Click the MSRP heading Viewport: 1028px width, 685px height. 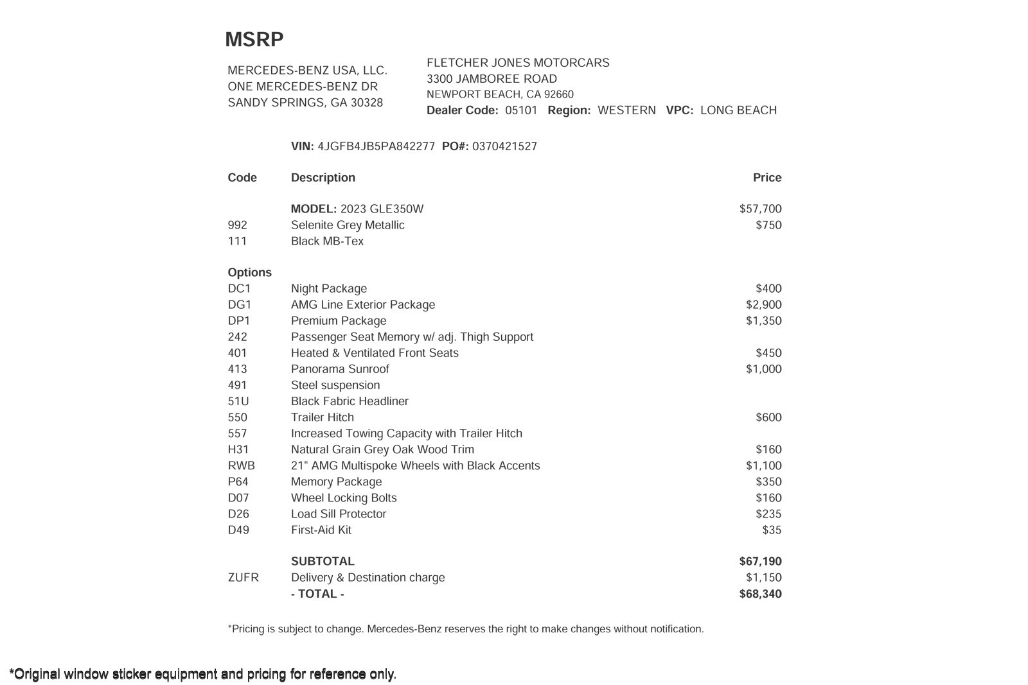click(x=254, y=40)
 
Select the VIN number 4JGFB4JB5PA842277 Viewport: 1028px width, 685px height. click(x=376, y=146)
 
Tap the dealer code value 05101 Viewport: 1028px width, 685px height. click(x=521, y=110)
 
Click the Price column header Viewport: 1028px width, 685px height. click(x=767, y=178)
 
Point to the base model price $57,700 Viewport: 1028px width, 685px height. click(x=760, y=209)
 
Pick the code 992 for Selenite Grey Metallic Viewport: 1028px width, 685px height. click(x=237, y=225)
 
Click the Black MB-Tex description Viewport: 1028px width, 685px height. click(x=327, y=241)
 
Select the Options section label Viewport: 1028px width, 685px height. click(x=249, y=273)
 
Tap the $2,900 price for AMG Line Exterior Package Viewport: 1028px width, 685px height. click(x=763, y=305)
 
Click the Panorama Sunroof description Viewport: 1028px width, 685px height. click(x=340, y=369)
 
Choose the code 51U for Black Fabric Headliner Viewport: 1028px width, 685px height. click(x=238, y=401)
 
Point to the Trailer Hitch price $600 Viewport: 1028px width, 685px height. click(x=768, y=417)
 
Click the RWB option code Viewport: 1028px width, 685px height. click(x=241, y=466)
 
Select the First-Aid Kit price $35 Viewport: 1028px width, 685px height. click(x=772, y=530)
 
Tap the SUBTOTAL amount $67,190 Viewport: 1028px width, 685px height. click(x=760, y=562)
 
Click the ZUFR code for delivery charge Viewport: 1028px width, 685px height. click(x=243, y=578)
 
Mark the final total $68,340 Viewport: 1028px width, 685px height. click(x=760, y=594)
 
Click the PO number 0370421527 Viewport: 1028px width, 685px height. click(x=504, y=146)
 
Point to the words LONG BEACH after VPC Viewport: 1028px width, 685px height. click(x=738, y=110)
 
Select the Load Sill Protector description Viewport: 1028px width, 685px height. click(x=339, y=514)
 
